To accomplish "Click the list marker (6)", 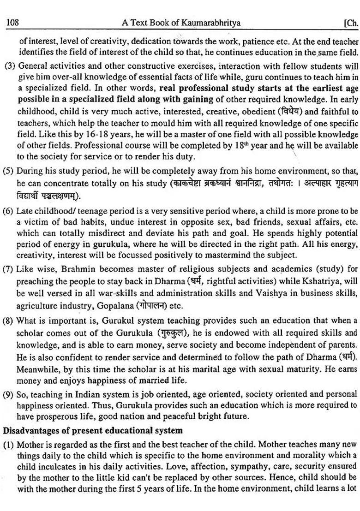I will [x=10, y=212].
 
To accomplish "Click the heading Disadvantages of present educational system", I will [x=93, y=431].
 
